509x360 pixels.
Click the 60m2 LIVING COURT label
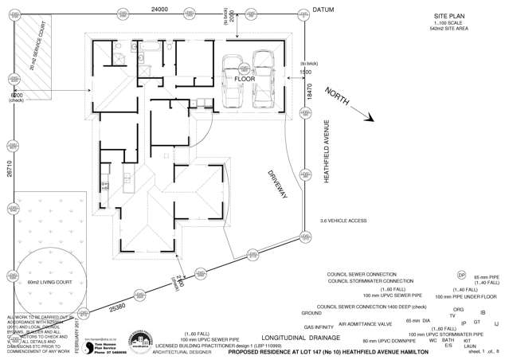point(45,283)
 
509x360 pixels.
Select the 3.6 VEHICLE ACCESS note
point(343,219)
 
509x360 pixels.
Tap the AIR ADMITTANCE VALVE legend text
point(366,325)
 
